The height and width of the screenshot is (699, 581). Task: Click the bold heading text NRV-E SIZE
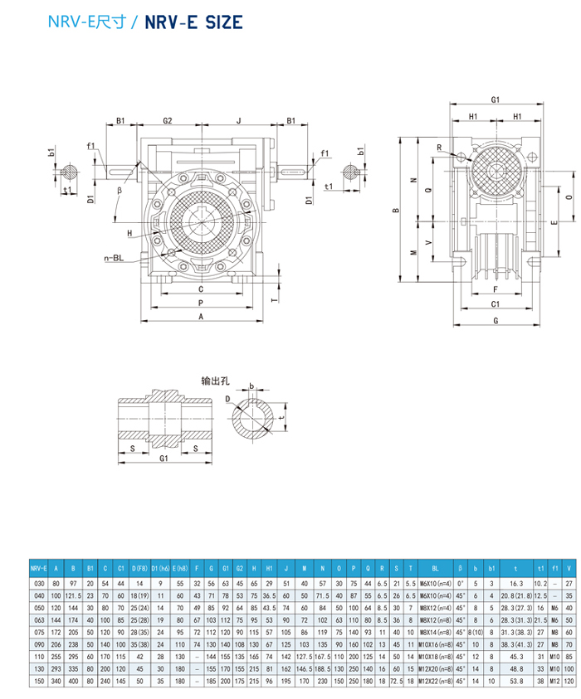coord(194,22)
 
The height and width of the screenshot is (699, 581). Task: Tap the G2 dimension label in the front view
coord(167,120)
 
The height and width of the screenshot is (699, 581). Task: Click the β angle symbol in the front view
coord(120,190)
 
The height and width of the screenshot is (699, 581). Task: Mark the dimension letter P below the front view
coord(202,304)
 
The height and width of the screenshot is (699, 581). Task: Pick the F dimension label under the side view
coord(495,289)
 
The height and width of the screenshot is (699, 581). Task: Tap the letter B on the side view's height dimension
coord(397,211)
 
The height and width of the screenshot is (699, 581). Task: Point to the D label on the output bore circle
coord(227,399)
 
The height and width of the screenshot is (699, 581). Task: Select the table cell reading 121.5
coord(73,595)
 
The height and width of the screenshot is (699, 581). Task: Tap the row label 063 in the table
coord(38,619)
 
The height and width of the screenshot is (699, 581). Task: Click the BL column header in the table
coord(435,569)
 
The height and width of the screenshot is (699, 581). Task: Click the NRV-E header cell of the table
coord(38,569)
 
